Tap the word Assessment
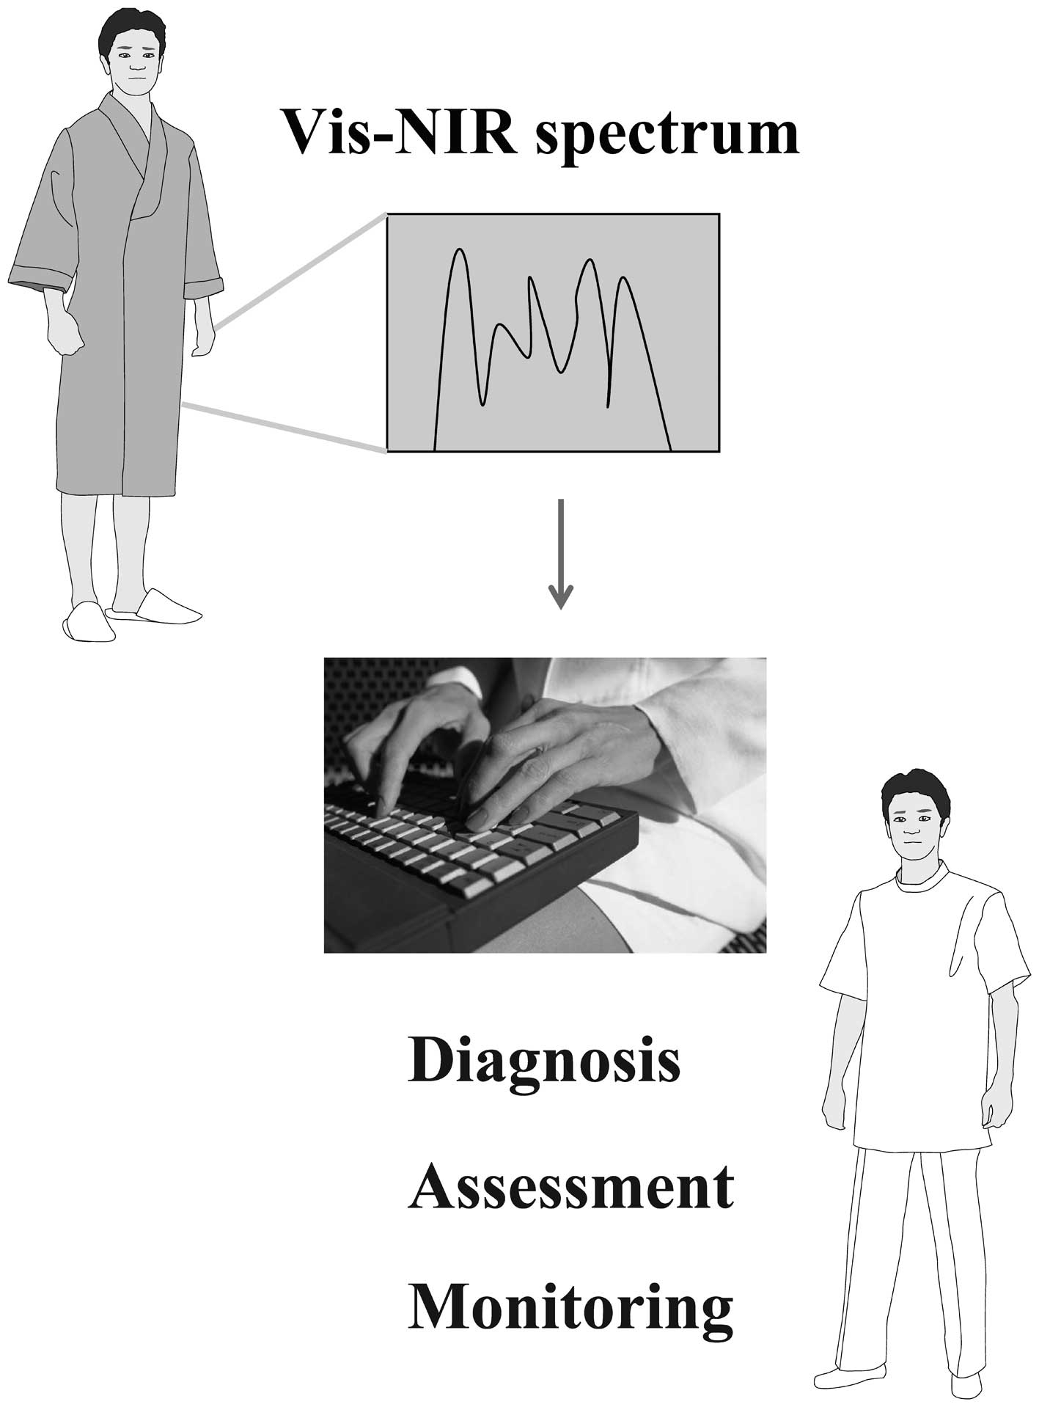click(x=570, y=1186)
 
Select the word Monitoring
click(x=570, y=1310)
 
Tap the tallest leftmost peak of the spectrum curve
click(x=460, y=252)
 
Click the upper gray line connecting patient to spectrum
click(x=301, y=271)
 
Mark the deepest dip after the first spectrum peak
click(x=482, y=403)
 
